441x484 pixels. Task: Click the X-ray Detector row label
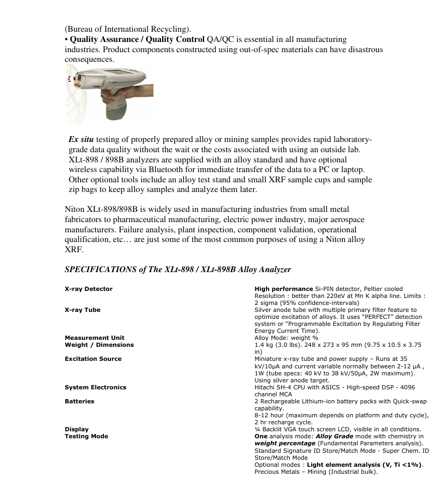[88, 289]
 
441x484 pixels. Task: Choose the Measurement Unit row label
[94, 338]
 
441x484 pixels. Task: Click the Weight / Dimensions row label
[99, 345]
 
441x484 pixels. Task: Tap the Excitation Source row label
[93, 359]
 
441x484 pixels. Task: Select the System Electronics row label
[95, 387]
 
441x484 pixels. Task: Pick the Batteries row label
[79, 401]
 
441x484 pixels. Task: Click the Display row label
[76, 429]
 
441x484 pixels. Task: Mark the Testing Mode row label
[86, 436]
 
